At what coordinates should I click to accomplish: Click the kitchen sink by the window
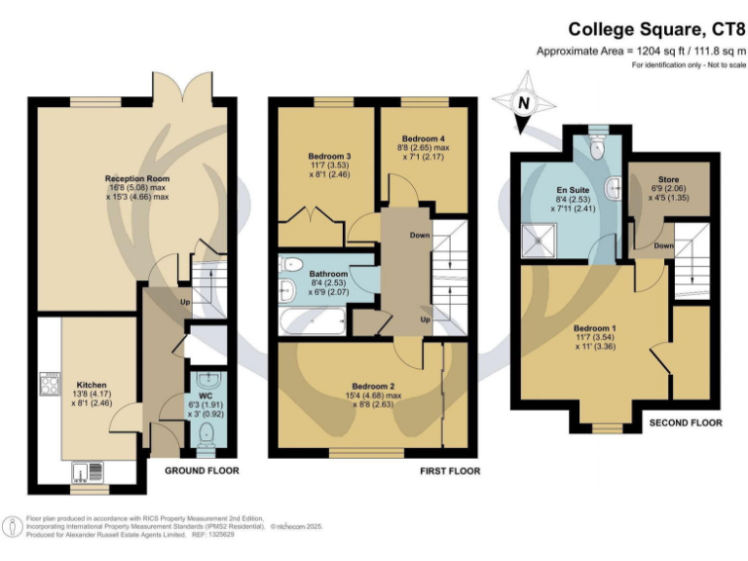pos(94,472)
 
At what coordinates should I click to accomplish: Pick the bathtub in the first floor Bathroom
pos(311,317)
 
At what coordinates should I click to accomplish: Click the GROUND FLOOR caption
pos(203,470)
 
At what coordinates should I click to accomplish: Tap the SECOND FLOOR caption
pos(685,424)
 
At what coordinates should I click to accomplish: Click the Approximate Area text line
pos(639,51)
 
